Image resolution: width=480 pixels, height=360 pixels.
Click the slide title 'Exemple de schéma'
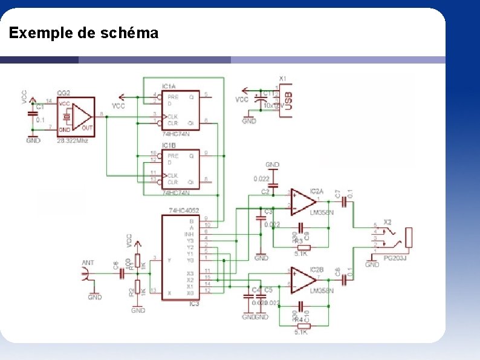[x=83, y=33]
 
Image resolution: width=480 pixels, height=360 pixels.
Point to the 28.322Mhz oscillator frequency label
[x=73, y=140]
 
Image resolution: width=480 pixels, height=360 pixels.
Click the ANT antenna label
[x=88, y=263]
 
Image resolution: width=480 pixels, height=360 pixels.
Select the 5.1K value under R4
[x=301, y=332]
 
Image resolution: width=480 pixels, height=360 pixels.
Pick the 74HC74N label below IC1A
[x=176, y=134]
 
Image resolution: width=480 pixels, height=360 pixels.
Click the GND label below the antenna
[x=95, y=297]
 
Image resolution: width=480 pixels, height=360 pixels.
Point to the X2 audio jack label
[x=387, y=223]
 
